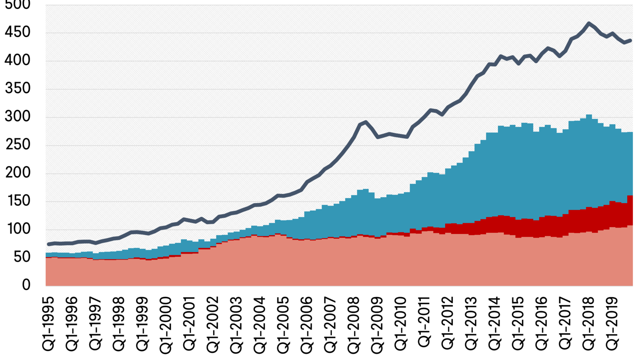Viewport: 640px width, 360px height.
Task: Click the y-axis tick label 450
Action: coord(18,33)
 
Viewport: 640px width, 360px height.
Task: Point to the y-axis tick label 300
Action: coord(18,117)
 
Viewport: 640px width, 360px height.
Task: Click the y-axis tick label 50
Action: coord(22,258)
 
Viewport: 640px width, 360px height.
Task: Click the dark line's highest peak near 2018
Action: coord(588,23)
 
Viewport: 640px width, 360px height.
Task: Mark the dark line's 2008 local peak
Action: coord(366,122)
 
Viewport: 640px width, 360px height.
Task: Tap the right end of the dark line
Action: coord(630,40)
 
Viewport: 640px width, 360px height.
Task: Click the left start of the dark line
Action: coord(49,244)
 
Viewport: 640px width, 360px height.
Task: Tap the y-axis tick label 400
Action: coord(18,61)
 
